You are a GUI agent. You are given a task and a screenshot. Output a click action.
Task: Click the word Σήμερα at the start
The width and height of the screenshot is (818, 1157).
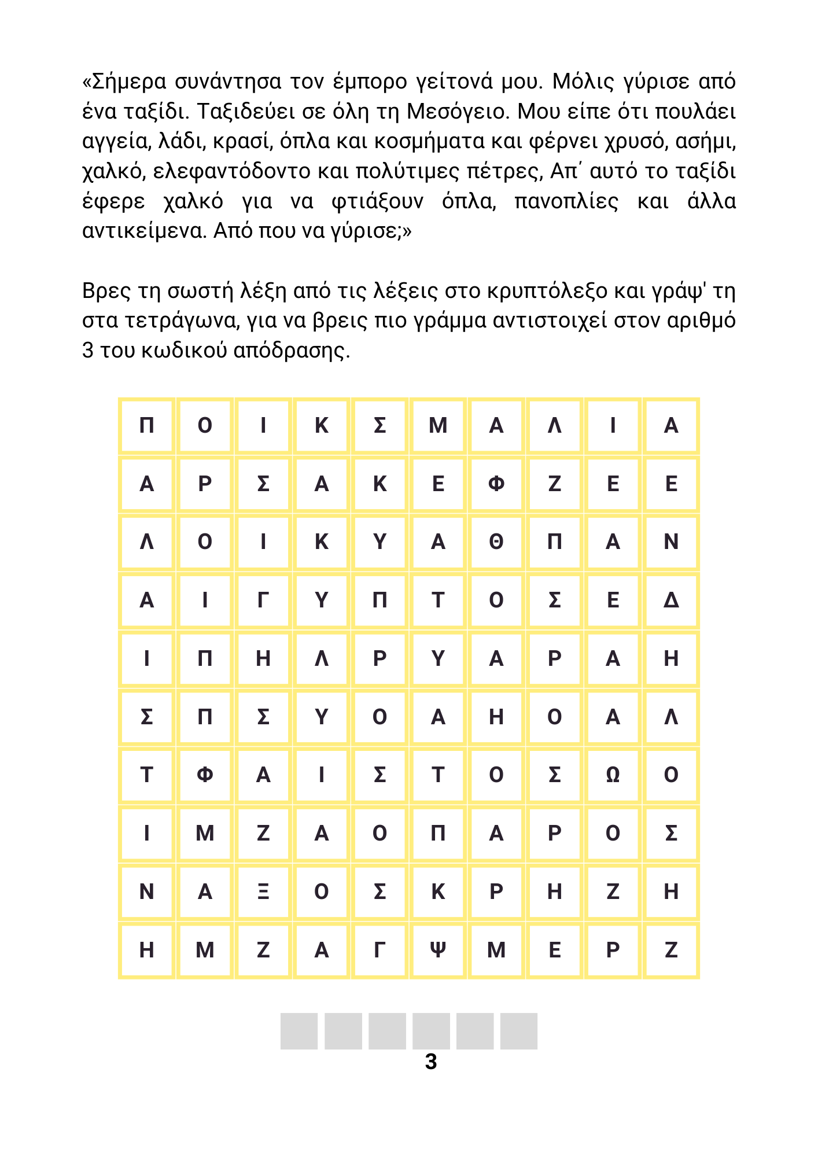(x=129, y=82)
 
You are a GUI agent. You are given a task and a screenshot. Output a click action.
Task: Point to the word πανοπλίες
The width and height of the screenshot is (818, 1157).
(x=566, y=201)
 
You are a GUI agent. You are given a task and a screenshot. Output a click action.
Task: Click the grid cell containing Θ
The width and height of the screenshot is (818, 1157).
(x=496, y=542)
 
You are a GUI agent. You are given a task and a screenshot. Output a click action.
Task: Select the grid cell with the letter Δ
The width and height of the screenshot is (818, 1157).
(x=671, y=600)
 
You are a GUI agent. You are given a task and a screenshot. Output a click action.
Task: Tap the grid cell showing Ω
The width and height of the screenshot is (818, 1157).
(x=613, y=775)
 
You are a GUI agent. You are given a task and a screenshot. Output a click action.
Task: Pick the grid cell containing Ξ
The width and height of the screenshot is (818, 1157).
(x=263, y=892)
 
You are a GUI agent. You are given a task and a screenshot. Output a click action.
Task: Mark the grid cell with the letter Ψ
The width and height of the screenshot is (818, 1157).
(x=438, y=950)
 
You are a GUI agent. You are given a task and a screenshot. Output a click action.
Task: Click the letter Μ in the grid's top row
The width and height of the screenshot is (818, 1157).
(x=438, y=426)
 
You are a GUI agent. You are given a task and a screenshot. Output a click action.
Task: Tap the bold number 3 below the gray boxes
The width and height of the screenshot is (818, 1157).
(x=431, y=1062)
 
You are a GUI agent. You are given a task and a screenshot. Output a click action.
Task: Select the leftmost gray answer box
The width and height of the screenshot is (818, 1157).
(x=299, y=1031)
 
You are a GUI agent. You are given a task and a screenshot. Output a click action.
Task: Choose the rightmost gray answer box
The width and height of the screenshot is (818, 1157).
(x=519, y=1031)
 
